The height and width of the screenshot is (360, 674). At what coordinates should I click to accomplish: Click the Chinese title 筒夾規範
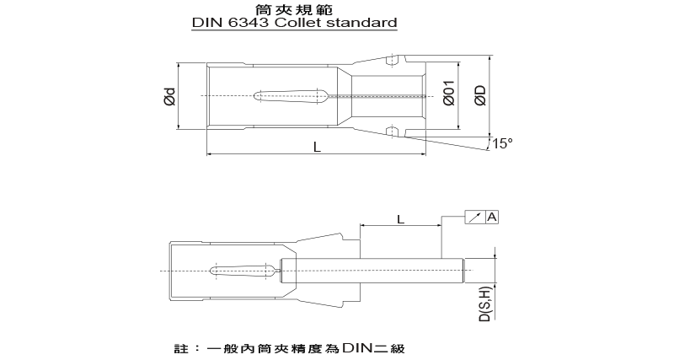pyautogui.click(x=294, y=9)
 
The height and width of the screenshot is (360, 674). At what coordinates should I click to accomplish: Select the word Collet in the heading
pyautogui.click(x=297, y=23)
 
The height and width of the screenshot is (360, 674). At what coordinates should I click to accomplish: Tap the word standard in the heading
pyautogui.click(x=361, y=23)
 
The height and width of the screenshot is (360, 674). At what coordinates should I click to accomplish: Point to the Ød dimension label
pyautogui.click(x=170, y=96)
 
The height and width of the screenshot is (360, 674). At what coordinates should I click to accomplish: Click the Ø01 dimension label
pyautogui.click(x=449, y=93)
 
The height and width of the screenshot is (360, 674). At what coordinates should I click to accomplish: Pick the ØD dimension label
pyautogui.click(x=480, y=95)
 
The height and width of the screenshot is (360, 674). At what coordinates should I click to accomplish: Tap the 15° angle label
pyautogui.click(x=502, y=143)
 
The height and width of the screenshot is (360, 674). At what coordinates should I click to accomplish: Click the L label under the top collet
pyautogui.click(x=317, y=147)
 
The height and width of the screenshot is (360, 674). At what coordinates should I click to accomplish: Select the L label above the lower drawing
pyautogui.click(x=401, y=219)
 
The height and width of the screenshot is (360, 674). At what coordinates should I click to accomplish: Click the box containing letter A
pyautogui.click(x=492, y=218)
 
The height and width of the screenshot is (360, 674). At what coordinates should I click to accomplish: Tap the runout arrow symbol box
pyautogui.click(x=475, y=218)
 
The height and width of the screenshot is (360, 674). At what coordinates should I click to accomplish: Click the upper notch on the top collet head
pyautogui.click(x=391, y=60)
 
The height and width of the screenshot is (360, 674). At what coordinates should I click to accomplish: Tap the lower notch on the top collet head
pyautogui.click(x=391, y=132)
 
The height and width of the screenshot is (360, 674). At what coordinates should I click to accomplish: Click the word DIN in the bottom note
pyautogui.click(x=358, y=347)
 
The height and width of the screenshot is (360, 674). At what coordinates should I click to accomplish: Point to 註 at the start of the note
pyautogui.click(x=181, y=348)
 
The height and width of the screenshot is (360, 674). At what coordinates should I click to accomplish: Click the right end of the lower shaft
pyautogui.click(x=463, y=271)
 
